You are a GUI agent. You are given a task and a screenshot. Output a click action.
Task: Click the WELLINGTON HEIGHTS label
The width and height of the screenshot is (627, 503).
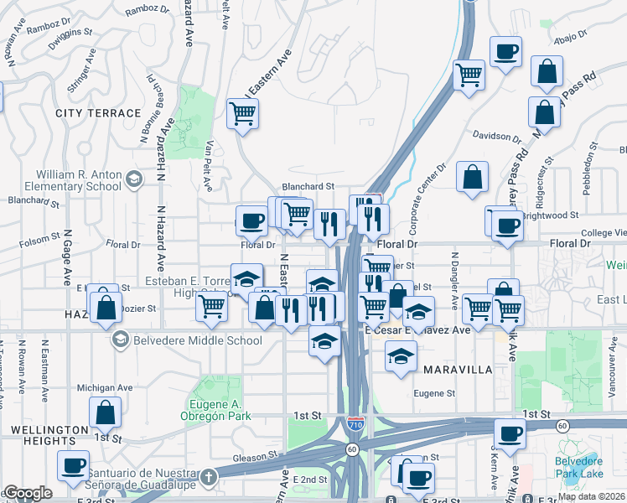coord(49,435)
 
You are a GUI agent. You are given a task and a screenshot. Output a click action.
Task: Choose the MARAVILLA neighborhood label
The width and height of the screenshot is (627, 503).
coord(458,369)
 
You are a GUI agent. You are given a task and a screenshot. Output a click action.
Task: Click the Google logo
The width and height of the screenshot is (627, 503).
coord(28,493)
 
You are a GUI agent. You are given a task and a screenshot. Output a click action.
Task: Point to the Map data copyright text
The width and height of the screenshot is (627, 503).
coord(591,496)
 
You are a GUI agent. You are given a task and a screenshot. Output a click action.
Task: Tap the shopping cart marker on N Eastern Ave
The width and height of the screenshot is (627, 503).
coord(243,113)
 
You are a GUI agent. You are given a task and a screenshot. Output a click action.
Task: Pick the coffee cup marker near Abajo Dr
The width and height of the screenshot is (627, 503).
coord(506,51)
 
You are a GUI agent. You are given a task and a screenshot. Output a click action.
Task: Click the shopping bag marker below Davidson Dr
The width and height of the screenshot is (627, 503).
coord(473,176)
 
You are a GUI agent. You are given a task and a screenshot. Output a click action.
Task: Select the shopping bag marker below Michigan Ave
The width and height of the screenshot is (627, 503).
coord(106,412)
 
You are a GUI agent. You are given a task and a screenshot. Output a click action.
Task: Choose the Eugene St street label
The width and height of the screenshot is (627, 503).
coord(433,393)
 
